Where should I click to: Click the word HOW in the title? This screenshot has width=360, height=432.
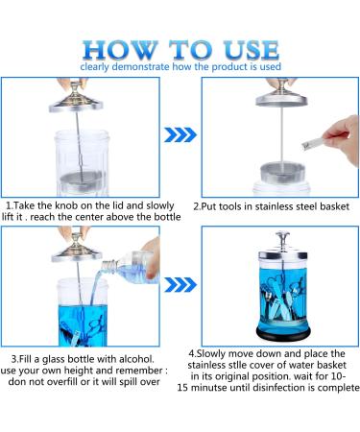click(x=120, y=50)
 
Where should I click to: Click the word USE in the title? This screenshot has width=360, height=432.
click(x=252, y=50)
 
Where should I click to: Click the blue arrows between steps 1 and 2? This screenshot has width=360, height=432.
click(x=180, y=134)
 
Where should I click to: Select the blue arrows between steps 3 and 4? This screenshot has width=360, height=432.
click(x=180, y=285)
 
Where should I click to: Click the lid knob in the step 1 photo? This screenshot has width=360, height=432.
click(x=76, y=86)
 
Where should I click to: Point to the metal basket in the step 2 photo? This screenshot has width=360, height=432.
click(x=282, y=173)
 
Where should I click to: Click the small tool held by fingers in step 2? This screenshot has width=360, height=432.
click(x=313, y=142)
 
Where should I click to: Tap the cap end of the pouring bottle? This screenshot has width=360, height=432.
click(x=108, y=266)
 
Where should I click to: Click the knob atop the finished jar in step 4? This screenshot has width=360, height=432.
click(x=282, y=238)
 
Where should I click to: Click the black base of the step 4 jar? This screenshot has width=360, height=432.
click(x=283, y=333)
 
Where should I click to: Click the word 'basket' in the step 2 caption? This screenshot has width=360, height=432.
click(x=334, y=206)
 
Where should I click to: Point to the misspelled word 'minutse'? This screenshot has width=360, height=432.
click(x=214, y=388)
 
